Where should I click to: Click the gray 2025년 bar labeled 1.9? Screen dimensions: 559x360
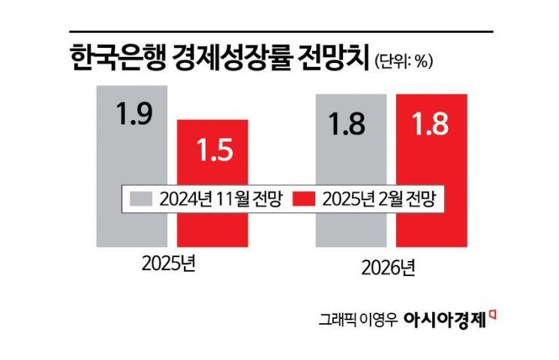[x=132, y=142]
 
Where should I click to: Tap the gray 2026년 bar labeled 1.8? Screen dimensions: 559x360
[x=351, y=153]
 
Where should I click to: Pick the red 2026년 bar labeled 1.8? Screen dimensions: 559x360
[x=431, y=153]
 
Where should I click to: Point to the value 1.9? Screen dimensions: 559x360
[x=134, y=114]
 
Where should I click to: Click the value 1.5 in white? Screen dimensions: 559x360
[x=215, y=149]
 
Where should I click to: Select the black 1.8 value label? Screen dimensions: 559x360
[x=347, y=124]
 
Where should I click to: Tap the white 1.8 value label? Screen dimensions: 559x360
[x=430, y=124]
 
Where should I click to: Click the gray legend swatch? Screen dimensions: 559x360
[x=141, y=199]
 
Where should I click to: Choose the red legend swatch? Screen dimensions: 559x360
[x=304, y=199]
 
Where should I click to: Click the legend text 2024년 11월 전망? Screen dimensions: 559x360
[x=221, y=199]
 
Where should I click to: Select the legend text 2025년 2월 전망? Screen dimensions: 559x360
[x=379, y=199]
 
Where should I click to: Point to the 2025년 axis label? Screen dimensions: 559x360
[x=169, y=264]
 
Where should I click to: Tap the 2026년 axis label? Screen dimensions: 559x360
[x=388, y=268]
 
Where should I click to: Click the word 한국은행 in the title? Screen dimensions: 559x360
[x=118, y=58]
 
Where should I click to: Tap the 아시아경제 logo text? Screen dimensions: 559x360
[x=445, y=319]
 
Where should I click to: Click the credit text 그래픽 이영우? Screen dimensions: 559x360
[x=358, y=319]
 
